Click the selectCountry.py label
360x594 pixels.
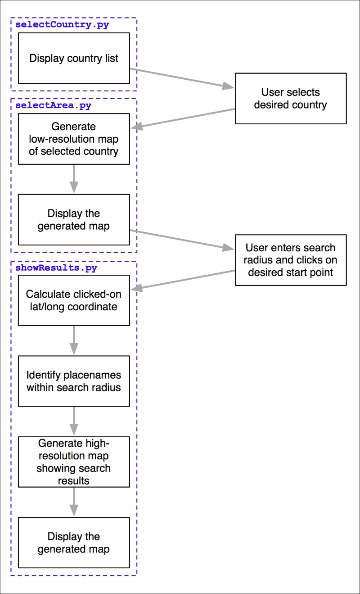point(62,25)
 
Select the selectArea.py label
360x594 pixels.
point(53,105)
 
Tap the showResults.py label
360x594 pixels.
point(56,268)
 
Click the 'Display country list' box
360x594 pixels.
point(74,58)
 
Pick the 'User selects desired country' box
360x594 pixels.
point(291,99)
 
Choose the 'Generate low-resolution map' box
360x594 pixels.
point(74,139)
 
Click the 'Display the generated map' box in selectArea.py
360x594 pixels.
point(74,220)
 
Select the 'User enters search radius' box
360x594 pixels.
point(291,260)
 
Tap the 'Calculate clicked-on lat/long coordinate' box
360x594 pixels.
point(74,300)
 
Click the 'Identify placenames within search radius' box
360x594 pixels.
point(74,381)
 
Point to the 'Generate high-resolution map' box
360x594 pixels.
point(74,462)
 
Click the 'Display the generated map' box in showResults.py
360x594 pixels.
point(74,543)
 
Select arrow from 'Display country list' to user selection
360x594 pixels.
point(182,78)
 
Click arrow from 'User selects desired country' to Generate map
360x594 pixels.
point(182,119)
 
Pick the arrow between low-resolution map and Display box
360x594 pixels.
point(74,179)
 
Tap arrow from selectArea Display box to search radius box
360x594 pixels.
point(182,240)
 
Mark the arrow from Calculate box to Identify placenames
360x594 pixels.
point(74,340)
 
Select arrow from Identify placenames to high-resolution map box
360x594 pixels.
point(74,422)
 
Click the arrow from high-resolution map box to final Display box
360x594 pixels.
point(74,502)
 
